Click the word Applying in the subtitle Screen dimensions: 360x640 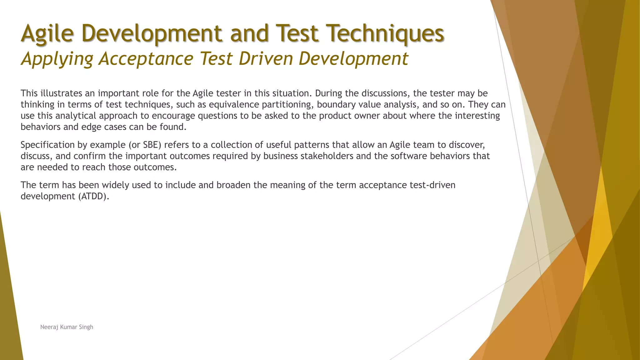coord(57,59)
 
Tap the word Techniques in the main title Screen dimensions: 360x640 coord(385,33)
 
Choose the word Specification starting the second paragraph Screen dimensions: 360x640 coord(47,145)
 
